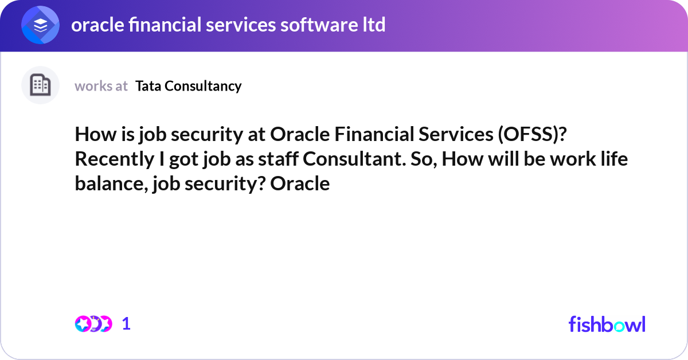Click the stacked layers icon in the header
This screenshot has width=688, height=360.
click(41, 25)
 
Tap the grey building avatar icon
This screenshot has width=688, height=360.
click(41, 85)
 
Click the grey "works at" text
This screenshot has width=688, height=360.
click(101, 86)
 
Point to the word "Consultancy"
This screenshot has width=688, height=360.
click(204, 86)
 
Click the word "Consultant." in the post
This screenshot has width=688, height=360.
click(349, 159)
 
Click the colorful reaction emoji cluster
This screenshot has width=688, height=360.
click(93, 324)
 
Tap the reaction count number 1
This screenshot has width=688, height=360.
click(127, 324)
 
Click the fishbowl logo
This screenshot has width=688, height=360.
click(607, 324)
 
